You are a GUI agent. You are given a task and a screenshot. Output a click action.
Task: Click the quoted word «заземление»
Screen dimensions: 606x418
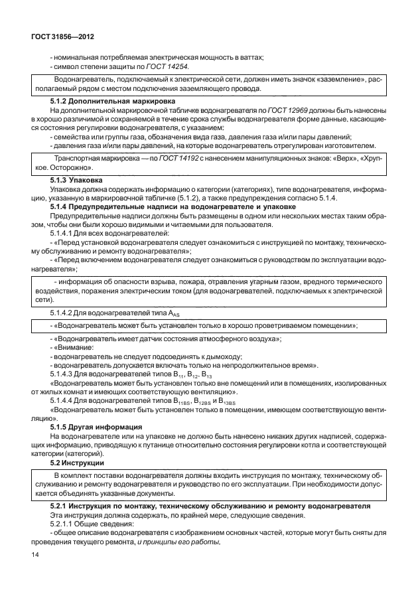[344, 80]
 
